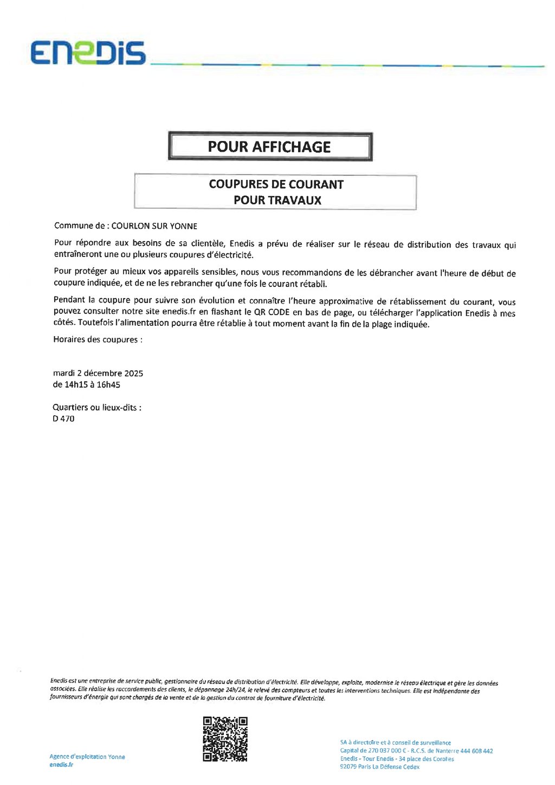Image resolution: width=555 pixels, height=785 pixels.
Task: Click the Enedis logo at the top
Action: click(x=88, y=53)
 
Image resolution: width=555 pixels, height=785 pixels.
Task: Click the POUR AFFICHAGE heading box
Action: click(x=270, y=146)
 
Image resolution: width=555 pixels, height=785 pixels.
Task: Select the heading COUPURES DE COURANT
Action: click(x=276, y=184)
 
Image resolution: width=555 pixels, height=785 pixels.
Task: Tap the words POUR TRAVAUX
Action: click(x=277, y=200)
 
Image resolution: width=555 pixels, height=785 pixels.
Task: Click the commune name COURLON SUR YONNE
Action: click(x=154, y=226)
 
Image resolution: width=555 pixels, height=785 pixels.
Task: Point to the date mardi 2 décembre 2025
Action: click(x=98, y=373)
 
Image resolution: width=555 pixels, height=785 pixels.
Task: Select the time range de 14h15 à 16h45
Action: click(x=86, y=384)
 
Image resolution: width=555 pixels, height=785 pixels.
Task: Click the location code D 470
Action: click(x=63, y=419)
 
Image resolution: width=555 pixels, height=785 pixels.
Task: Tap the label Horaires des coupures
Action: click(x=98, y=339)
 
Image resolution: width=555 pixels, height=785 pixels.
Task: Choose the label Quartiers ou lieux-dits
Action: click(x=96, y=407)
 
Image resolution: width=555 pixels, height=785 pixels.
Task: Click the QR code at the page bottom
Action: click(x=225, y=739)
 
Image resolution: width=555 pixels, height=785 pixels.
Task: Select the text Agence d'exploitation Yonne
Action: click(x=87, y=756)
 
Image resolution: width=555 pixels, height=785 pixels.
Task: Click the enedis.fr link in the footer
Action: click(x=61, y=764)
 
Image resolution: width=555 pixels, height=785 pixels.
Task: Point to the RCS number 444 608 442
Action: click(x=476, y=751)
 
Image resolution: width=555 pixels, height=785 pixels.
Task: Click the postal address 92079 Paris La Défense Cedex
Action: click(x=379, y=767)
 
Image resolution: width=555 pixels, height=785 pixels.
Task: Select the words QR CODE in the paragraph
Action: click(x=272, y=312)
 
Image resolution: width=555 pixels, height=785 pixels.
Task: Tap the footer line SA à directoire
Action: click(x=395, y=743)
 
